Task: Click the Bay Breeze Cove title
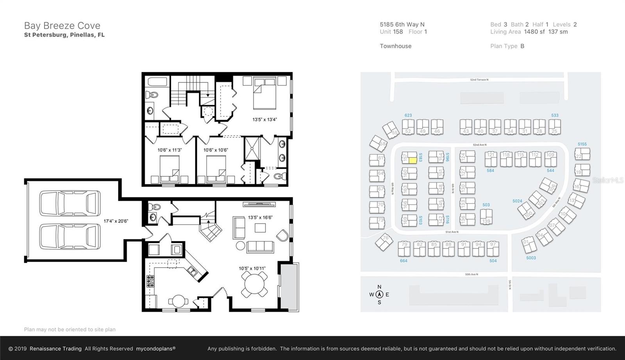click(x=62, y=26)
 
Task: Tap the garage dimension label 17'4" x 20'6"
click(x=116, y=221)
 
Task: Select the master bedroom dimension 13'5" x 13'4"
click(x=264, y=119)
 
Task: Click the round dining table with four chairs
click(x=254, y=284)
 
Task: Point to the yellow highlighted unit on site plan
click(x=412, y=160)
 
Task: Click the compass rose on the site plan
click(x=379, y=295)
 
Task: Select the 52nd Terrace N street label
click(x=479, y=80)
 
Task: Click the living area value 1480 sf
click(x=534, y=32)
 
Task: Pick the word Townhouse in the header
click(x=395, y=46)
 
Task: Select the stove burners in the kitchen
click(x=150, y=281)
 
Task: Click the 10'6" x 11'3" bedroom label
click(x=170, y=150)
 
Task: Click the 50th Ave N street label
click(x=471, y=274)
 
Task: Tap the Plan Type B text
click(x=507, y=46)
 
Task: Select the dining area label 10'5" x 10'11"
click(x=252, y=268)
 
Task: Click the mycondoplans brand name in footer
click(x=155, y=349)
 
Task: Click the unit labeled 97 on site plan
click(x=493, y=249)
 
